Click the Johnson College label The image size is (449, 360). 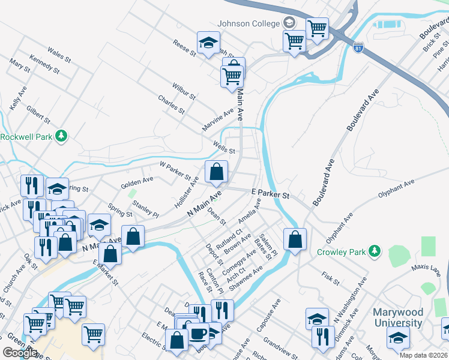click(x=249, y=23)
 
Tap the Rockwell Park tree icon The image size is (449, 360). click(x=61, y=136)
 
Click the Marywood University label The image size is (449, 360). click(x=398, y=317)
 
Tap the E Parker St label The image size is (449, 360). click(x=270, y=195)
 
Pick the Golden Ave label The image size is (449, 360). click(x=137, y=179)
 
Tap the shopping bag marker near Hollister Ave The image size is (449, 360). click(x=216, y=172)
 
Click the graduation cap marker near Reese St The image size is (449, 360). click(x=208, y=43)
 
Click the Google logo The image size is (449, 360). click(x=19, y=353)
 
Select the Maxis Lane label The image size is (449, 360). click(x=426, y=268)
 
